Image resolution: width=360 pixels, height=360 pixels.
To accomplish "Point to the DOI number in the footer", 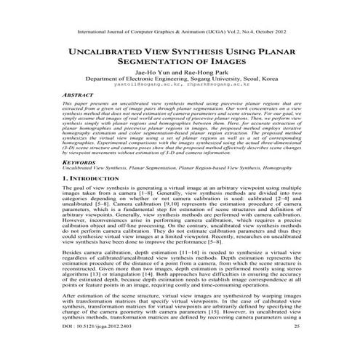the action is pyautogui.click(x=98, y=348).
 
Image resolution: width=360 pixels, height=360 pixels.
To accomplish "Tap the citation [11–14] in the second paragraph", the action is pyautogui.click(x=180, y=270).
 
